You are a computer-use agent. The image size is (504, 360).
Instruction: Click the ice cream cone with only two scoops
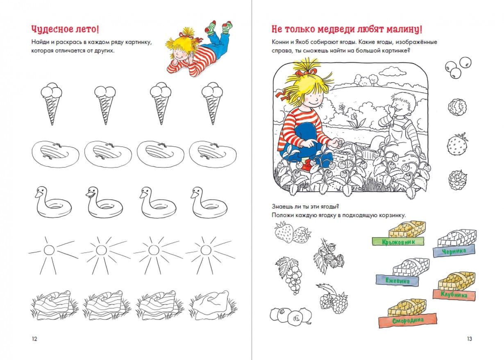(x=105, y=105)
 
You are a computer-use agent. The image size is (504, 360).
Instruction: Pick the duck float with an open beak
(x=104, y=202)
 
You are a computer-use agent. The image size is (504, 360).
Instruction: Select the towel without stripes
(x=213, y=306)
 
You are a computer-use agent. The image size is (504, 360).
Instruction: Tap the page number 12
(x=34, y=339)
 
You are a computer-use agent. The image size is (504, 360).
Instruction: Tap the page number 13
(x=469, y=339)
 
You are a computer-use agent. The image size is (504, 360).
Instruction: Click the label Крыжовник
(x=398, y=242)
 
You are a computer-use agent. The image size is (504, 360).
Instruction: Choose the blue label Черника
(x=454, y=251)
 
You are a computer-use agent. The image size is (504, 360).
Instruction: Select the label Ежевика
(x=397, y=281)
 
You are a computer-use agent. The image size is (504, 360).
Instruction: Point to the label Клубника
(x=454, y=294)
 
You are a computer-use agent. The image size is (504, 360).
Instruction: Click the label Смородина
(x=408, y=320)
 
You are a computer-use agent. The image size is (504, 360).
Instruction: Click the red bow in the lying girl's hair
(x=184, y=34)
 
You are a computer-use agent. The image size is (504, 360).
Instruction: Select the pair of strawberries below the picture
(x=293, y=232)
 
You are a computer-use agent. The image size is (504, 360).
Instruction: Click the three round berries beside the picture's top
(x=458, y=67)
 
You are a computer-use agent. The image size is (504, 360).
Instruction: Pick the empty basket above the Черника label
(x=457, y=238)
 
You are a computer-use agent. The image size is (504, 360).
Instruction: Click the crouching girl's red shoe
(x=306, y=167)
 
